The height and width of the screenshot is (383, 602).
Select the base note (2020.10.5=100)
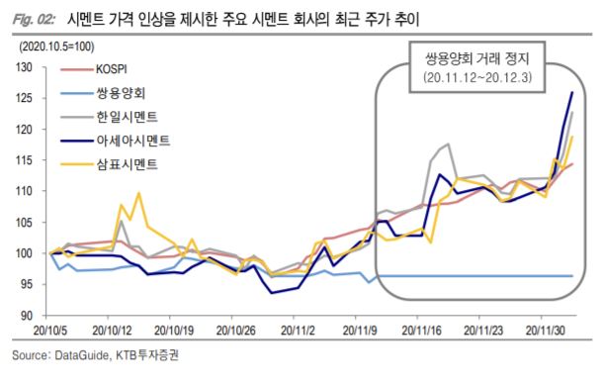pos(57,47)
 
